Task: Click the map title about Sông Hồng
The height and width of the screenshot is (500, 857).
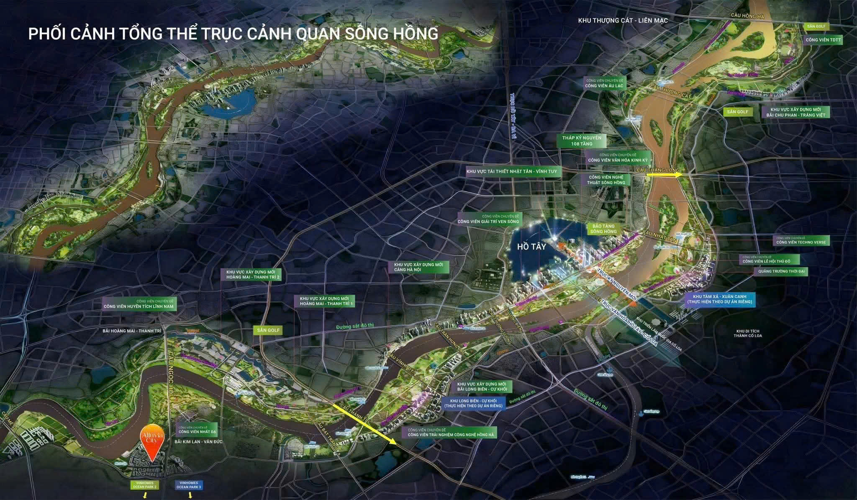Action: (233, 34)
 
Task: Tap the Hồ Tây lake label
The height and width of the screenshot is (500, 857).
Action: (531, 247)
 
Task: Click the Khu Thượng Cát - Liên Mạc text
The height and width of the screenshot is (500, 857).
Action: (623, 20)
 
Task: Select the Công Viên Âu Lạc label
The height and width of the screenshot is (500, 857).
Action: (604, 83)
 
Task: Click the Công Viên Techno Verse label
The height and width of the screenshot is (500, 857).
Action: (801, 240)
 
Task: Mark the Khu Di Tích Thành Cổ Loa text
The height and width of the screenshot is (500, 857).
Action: (748, 333)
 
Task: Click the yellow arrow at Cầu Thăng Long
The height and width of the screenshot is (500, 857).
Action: (664, 176)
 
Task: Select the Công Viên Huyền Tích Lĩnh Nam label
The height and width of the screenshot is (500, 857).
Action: (139, 304)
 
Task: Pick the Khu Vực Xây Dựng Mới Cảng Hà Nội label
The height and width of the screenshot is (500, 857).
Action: (418, 267)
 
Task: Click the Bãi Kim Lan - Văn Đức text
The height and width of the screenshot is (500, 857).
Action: (198, 442)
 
